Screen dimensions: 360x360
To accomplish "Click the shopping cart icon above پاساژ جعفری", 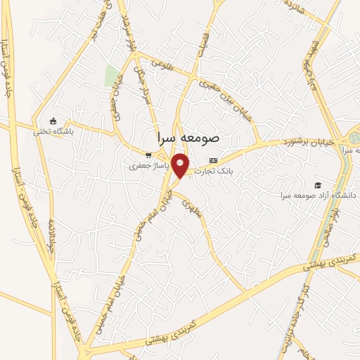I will (148, 155).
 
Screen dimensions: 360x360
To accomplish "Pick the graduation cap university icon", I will (308, 184).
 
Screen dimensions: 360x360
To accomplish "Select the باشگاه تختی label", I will (56, 130).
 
